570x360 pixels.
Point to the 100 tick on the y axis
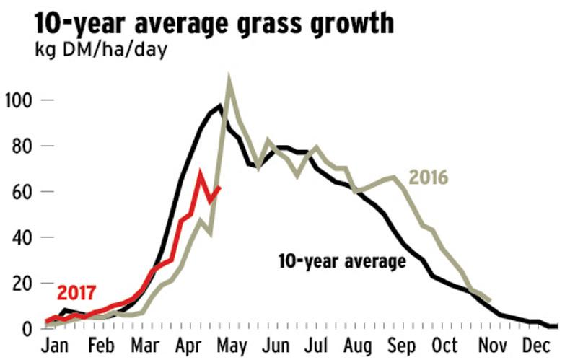19,100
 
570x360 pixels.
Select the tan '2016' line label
429,177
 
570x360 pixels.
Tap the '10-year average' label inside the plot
342,260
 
